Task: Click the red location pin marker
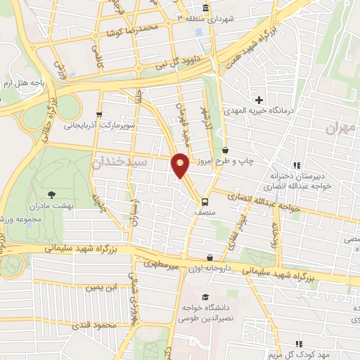tap(181, 165)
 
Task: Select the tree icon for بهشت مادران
tap(53, 193)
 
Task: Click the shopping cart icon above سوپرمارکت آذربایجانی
tap(99, 115)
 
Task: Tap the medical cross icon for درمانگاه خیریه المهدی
tap(259, 100)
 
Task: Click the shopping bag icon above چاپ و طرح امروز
tap(225, 150)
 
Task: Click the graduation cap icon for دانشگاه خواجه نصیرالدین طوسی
tap(205, 297)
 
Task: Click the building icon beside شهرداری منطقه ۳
tap(205, 8)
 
